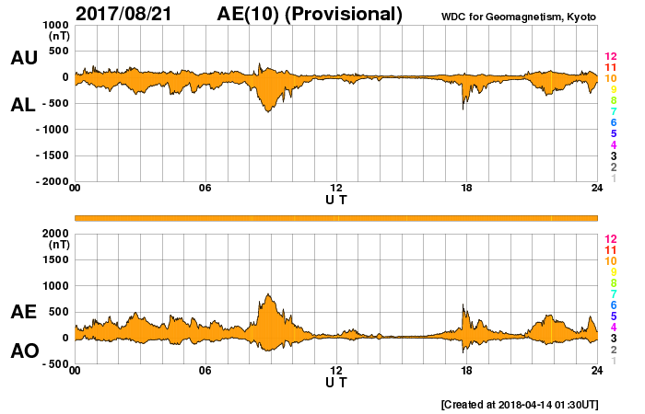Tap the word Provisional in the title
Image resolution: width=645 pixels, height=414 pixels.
346,14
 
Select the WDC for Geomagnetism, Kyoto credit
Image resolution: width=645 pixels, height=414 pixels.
519,17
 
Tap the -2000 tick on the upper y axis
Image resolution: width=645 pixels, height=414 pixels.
51,182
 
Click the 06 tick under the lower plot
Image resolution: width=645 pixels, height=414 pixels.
205,370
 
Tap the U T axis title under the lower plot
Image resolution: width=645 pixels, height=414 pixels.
336,382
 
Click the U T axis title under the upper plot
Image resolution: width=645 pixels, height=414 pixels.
336,200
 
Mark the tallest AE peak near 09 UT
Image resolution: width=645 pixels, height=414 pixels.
268,294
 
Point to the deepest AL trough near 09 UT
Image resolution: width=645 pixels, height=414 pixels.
268,111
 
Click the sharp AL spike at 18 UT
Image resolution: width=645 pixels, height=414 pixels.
463,109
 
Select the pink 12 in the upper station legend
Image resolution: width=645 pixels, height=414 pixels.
610,57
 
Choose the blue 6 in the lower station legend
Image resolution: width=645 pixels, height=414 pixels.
610,305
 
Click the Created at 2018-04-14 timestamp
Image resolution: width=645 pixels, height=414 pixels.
520,404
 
